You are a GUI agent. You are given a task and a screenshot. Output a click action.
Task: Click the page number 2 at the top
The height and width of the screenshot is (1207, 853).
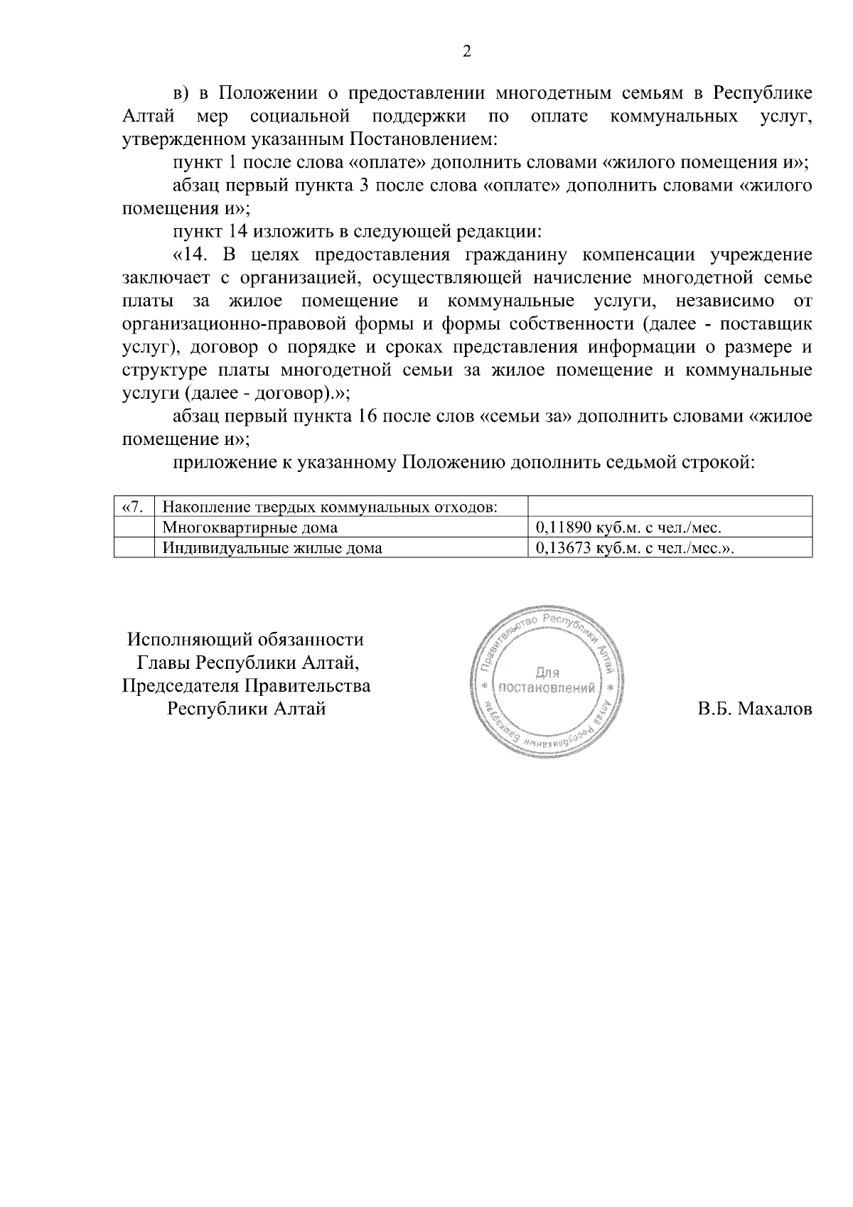point(466,51)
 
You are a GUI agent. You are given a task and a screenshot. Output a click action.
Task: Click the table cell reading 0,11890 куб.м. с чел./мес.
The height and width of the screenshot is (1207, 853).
point(628,527)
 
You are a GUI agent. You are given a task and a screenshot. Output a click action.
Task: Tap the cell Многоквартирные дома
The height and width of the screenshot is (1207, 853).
point(250,527)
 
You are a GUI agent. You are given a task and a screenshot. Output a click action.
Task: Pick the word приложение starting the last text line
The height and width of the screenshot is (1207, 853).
point(217,463)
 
